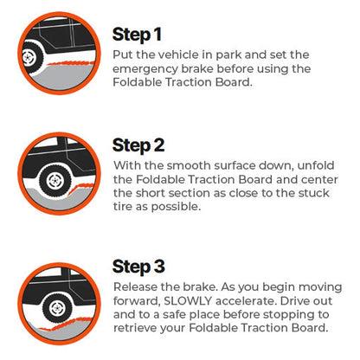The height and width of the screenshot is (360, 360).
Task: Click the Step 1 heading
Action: [x=137, y=35]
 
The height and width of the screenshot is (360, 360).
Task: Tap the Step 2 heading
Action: [x=138, y=145]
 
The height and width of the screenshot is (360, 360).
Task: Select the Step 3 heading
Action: [x=138, y=267]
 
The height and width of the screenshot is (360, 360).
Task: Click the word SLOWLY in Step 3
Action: [x=188, y=301]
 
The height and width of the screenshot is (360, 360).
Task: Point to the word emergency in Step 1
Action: [x=145, y=69]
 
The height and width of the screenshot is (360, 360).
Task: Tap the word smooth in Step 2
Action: [x=187, y=165]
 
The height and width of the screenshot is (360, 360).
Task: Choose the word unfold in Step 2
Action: [x=316, y=165]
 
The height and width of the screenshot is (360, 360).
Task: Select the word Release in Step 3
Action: [x=135, y=287]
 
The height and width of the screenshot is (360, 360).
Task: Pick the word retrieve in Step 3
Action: [x=135, y=328]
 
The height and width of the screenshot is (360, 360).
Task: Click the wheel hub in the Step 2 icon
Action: [x=55, y=181]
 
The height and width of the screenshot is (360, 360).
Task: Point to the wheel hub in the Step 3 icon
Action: [x=57, y=308]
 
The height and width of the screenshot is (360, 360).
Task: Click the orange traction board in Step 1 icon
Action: [x=71, y=62]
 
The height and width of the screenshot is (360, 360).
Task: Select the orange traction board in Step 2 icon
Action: [x=82, y=188]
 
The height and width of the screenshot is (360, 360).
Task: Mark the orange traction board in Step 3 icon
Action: [x=67, y=325]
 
